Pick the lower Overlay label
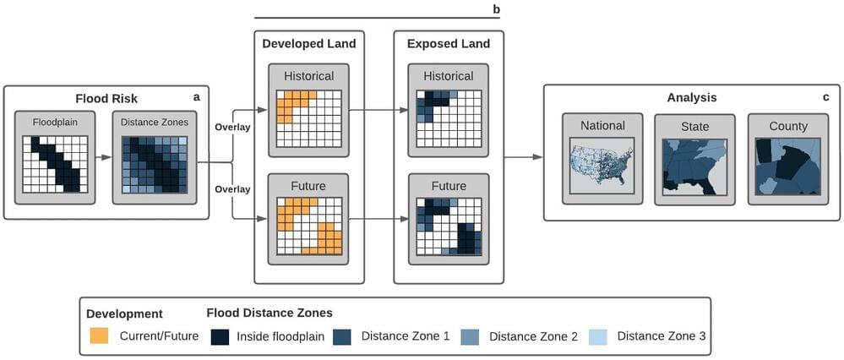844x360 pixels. (x=232, y=189)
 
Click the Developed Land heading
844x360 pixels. (x=308, y=44)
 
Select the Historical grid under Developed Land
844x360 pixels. (x=308, y=117)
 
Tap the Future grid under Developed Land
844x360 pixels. (x=308, y=226)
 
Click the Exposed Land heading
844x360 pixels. (x=448, y=44)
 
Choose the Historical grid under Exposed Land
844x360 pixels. (x=448, y=117)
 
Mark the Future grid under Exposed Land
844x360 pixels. (x=448, y=226)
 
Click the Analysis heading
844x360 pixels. (x=691, y=97)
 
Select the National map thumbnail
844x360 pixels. (x=602, y=168)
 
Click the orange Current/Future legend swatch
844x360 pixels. (x=100, y=336)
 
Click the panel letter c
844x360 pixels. (x=825, y=97)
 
